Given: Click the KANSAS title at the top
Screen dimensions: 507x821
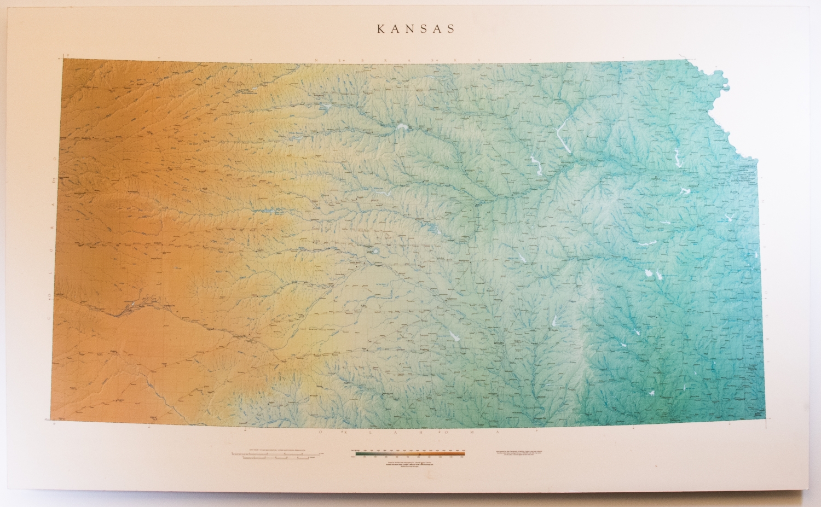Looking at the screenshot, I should [x=416, y=29].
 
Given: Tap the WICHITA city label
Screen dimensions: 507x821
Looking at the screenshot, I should [x=499, y=343].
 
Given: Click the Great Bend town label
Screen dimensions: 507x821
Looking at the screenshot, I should [x=357, y=261].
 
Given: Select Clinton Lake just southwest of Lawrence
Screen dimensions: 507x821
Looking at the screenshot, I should [x=685, y=191].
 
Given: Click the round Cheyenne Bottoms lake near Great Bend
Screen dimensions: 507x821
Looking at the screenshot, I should [x=377, y=252].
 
